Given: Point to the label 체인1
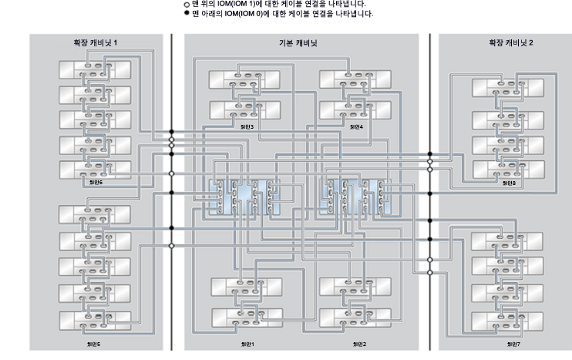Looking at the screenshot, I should [247, 344].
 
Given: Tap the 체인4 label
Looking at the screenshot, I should [355, 126].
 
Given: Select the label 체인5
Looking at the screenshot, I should [95, 344].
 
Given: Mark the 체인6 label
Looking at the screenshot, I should [96, 183].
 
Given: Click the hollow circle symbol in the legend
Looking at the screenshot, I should [186, 4].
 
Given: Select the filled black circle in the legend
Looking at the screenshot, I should [186, 13].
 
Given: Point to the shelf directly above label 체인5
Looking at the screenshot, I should [95, 318].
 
